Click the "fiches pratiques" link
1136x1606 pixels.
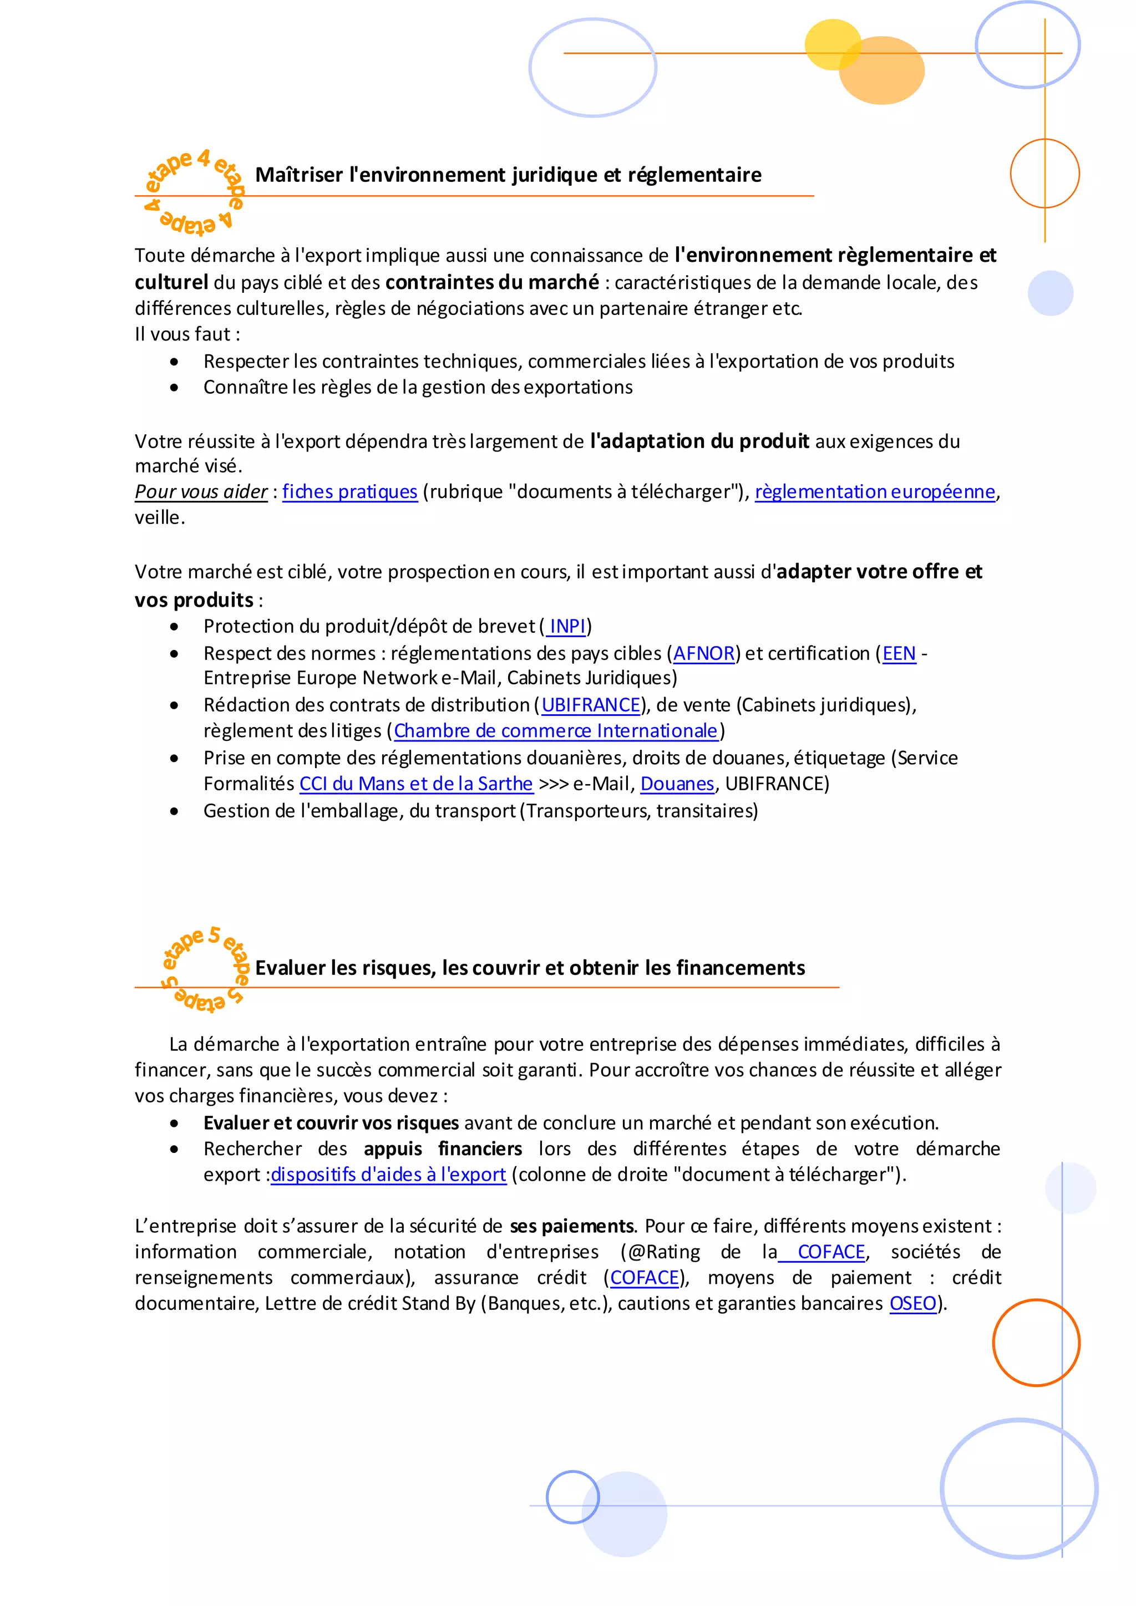[350, 492]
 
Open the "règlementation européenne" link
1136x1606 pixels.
[874, 492]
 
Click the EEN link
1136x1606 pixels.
[899, 653]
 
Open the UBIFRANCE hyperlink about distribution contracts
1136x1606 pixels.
[591, 705]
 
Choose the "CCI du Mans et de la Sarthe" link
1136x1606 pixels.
[416, 784]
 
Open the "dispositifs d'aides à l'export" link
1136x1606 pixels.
[388, 1175]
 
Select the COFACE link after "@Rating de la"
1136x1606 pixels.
[831, 1252]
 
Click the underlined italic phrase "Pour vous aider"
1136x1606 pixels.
[201, 492]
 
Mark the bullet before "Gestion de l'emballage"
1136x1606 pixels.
[174, 811]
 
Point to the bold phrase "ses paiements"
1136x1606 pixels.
[571, 1226]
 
